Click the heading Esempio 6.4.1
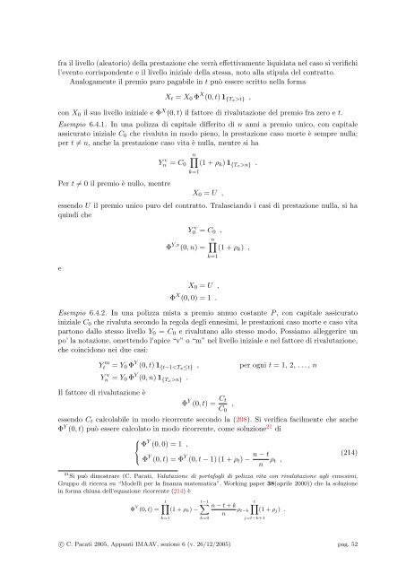pos(73,117)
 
